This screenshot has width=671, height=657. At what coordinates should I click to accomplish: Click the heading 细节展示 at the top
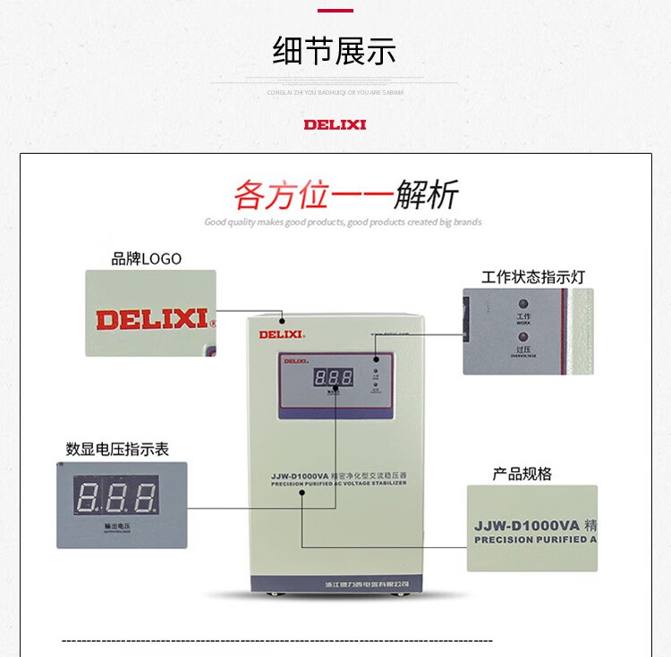[x=335, y=51]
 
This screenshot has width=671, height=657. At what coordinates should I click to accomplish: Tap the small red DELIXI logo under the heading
[x=335, y=124]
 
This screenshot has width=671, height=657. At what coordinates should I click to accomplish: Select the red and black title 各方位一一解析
[x=345, y=194]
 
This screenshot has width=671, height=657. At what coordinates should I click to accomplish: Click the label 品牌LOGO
[x=146, y=259]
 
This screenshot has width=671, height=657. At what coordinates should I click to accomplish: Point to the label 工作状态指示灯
[x=532, y=277]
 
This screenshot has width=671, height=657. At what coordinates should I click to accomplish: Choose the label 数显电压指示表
[x=117, y=449]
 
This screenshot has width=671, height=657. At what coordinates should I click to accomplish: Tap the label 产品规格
[x=522, y=474]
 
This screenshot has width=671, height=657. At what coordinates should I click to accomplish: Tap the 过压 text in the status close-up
[x=523, y=349]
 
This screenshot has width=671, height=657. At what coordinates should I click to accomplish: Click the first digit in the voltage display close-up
[x=88, y=497]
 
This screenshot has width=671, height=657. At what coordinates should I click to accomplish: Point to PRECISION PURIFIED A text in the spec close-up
[x=530, y=540]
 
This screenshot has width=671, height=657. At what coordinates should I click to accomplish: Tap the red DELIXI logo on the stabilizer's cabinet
[x=281, y=334]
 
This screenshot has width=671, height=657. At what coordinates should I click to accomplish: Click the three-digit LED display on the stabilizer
[x=332, y=377]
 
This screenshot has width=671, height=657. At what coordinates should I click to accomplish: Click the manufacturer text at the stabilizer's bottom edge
[x=367, y=585]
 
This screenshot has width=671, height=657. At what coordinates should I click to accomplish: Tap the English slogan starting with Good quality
[x=343, y=223]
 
